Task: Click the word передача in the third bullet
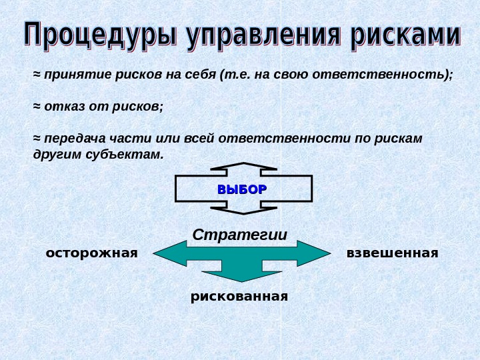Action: pyautogui.click(x=71, y=139)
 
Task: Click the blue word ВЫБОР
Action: pyautogui.click(x=242, y=189)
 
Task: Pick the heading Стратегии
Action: pyautogui.click(x=240, y=235)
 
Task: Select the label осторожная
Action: pyautogui.click(x=91, y=253)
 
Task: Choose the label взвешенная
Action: pyautogui.click(x=393, y=253)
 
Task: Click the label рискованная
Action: pyautogui.click(x=239, y=295)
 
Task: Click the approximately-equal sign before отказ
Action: pyautogui.click(x=37, y=106)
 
